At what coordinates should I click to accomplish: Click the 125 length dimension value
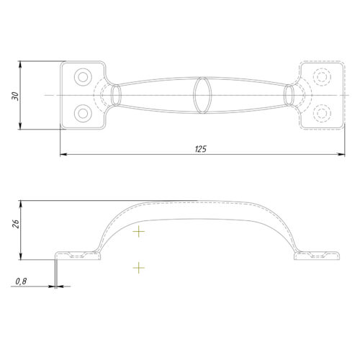[201, 149]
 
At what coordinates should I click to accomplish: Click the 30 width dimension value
[15, 96]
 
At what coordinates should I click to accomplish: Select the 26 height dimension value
[15, 223]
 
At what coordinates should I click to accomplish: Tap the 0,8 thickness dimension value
[21, 282]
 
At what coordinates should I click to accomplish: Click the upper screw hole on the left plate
[83, 77]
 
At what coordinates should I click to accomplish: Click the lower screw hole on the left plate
[83, 113]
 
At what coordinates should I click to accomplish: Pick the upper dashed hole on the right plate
[322, 77]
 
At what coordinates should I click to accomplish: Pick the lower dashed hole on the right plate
[322, 113]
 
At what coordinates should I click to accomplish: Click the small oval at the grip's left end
[116, 95]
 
